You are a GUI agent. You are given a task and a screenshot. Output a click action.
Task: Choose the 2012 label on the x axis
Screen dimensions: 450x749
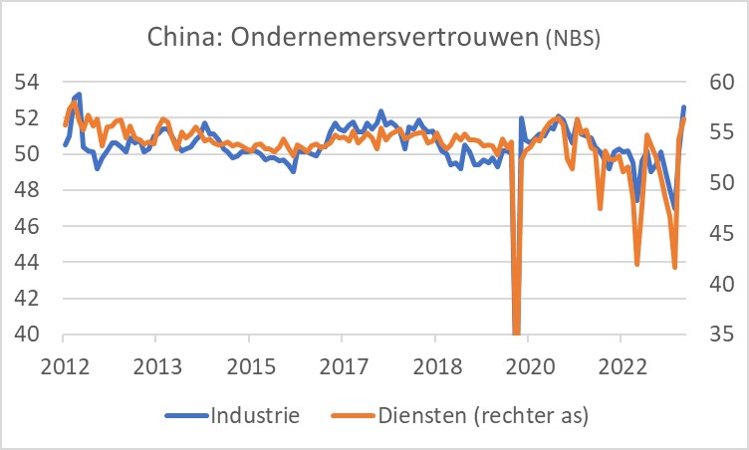(x=63, y=365)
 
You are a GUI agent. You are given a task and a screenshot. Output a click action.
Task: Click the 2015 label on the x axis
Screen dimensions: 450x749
(x=249, y=365)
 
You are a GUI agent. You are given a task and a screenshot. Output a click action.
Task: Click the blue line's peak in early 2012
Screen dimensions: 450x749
(x=78, y=95)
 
